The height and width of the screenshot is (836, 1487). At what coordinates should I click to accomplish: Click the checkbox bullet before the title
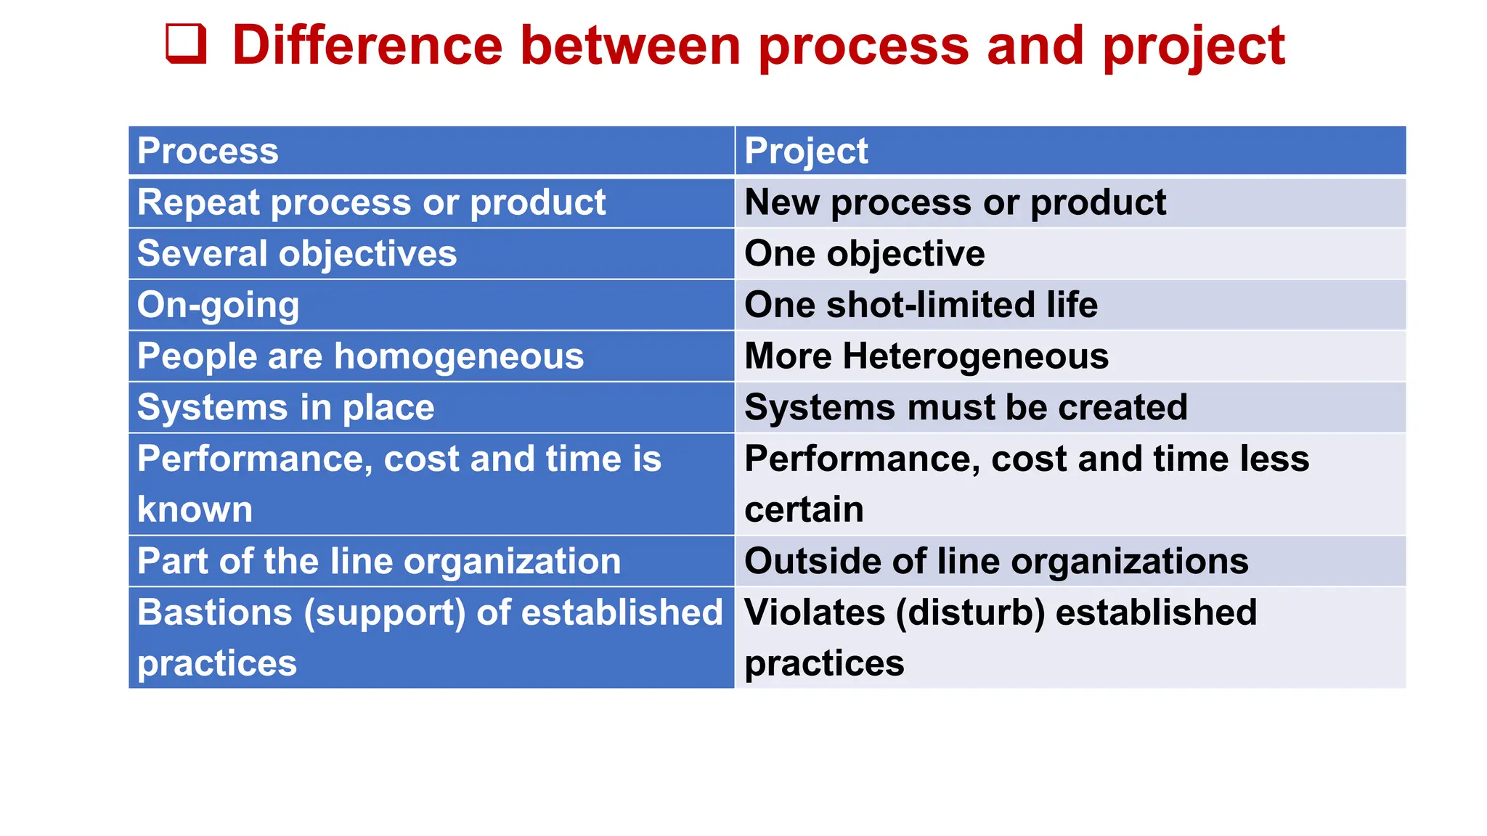187,44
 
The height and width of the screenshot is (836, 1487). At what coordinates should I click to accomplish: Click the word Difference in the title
367,46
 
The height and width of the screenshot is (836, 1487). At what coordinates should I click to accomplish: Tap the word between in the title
630,46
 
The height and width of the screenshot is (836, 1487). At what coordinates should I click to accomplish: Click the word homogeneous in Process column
459,357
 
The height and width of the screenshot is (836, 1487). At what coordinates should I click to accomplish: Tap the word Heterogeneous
976,356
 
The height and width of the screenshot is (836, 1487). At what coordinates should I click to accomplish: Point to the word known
195,509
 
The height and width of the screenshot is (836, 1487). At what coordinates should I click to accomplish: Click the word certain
804,509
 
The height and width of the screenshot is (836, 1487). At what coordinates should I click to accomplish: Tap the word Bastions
215,612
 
